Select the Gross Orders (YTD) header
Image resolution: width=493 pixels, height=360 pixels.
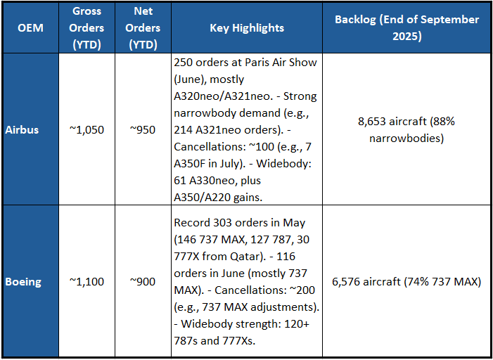pyautogui.click(x=87, y=28)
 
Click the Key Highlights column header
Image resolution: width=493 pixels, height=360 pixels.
pyautogui.click(x=247, y=28)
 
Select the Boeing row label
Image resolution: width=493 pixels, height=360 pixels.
pyautogui.click(x=23, y=282)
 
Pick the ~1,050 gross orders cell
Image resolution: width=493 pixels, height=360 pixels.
pyautogui.click(x=87, y=130)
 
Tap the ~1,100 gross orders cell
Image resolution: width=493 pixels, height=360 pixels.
pyautogui.click(x=87, y=282)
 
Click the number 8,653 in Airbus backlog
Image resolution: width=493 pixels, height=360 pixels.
pyautogui.click(x=373, y=122)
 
